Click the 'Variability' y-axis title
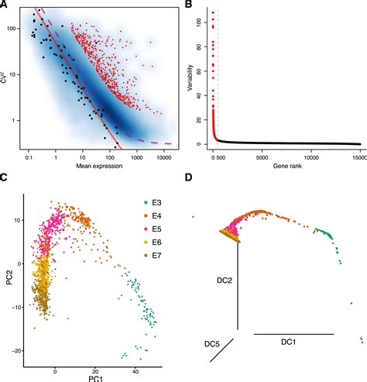coord(191,77)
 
